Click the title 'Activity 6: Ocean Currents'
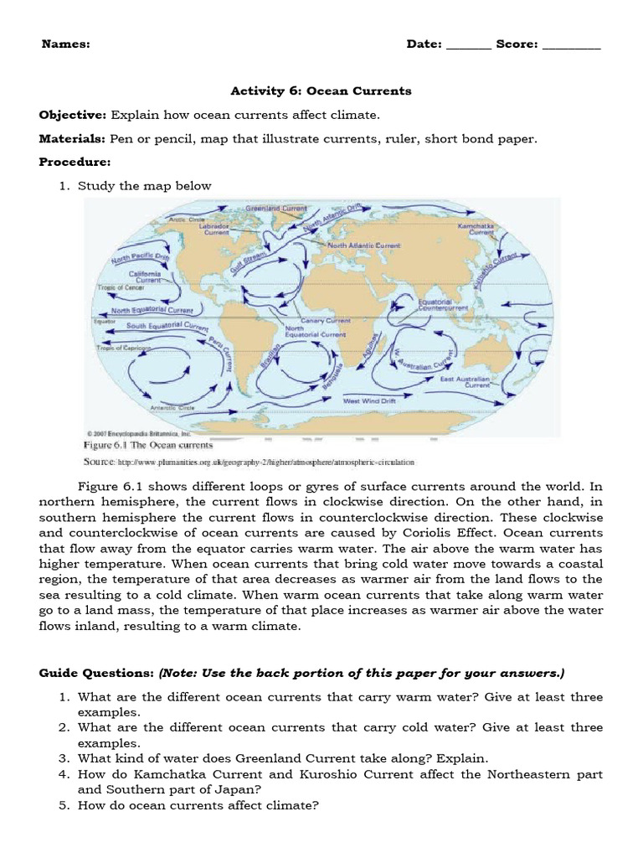coord(321,90)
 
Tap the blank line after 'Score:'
coord(572,45)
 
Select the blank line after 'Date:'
coord(469,45)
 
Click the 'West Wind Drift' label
coord(369,401)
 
